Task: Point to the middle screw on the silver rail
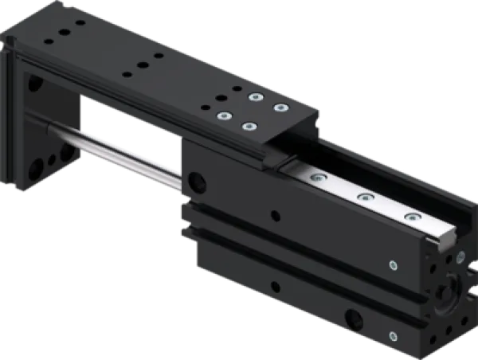coord(365,196)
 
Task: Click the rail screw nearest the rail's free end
coord(410,216)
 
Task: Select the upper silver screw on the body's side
coord(393,266)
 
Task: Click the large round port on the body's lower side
coord(354,319)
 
